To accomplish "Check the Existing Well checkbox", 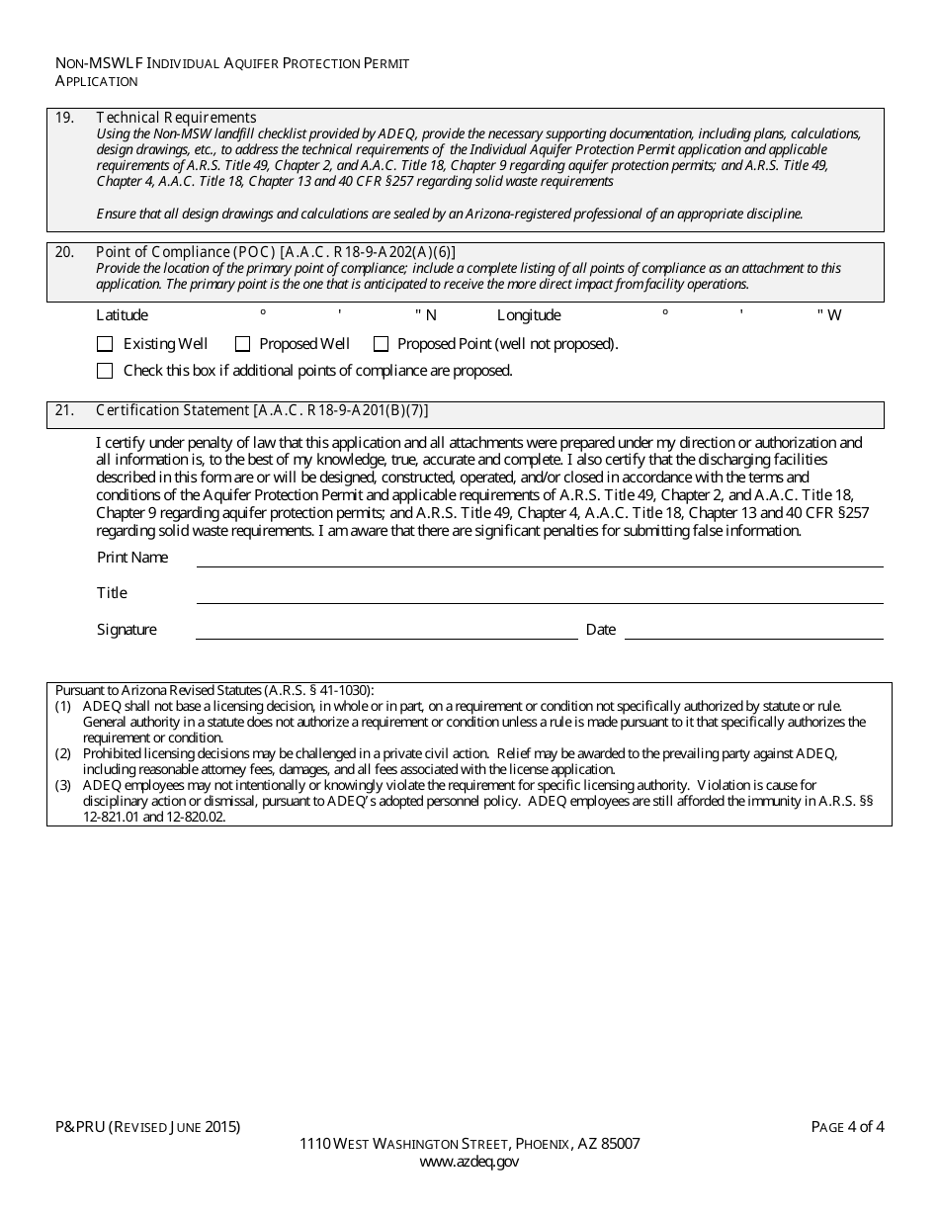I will tap(105, 344).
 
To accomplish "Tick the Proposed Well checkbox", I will tap(242, 344).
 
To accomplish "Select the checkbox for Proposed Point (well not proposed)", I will tap(381, 344).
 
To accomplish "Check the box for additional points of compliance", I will tap(105, 371).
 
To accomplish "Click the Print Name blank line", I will tap(539, 559).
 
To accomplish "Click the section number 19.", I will tap(64, 117).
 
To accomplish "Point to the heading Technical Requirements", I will tap(176, 117).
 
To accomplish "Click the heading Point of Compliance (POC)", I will tap(186, 252).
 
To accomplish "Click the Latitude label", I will tap(122, 315).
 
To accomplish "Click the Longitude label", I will tap(529, 315).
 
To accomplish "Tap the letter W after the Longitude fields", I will tap(834, 315).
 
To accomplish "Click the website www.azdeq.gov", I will tap(469, 1162).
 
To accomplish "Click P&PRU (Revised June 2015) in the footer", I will tap(147, 1126).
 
